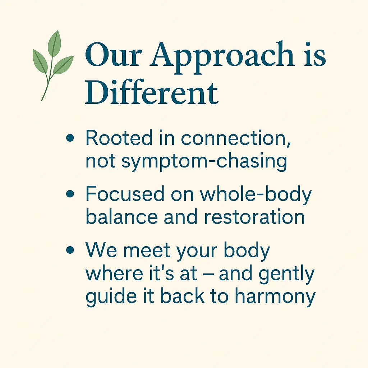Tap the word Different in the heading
(x=151, y=92)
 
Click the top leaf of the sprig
(x=55, y=43)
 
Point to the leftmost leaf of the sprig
(x=40, y=61)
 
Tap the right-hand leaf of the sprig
(x=63, y=65)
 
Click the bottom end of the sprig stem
(x=42, y=101)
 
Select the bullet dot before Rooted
(x=70, y=138)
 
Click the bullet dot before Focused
(x=70, y=194)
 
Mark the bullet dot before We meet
(x=70, y=250)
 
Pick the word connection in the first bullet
(x=236, y=138)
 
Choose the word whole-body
(x=256, y=195)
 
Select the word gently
(x=286, y=274)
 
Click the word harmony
(x=275, y=297)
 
